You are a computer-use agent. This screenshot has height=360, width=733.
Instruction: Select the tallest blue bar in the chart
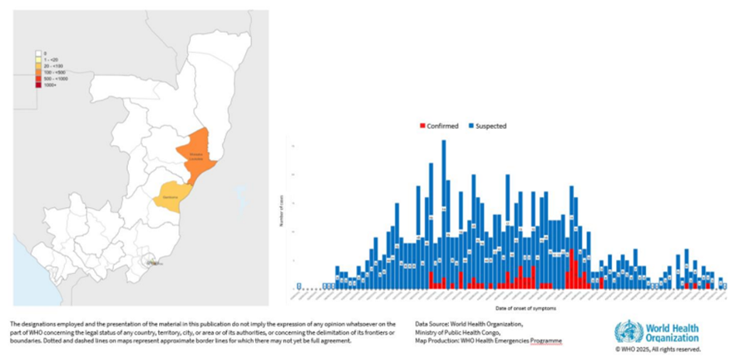(444, 217)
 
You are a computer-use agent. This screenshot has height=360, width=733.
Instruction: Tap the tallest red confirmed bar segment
(572, 268)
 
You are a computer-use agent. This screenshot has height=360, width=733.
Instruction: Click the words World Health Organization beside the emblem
(669, 332)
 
